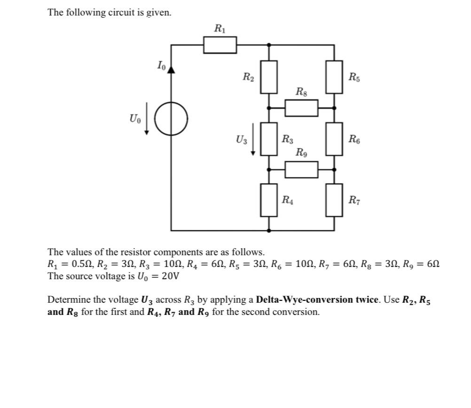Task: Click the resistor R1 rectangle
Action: tap(220, 45)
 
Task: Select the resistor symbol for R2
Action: tap(269, 77)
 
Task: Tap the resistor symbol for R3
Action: tap(269, 139)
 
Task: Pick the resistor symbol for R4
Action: tap(269, 200)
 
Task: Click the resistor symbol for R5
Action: tap(334, 77)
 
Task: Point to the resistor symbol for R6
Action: tap(334, 139)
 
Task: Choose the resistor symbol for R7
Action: tap(334, 200)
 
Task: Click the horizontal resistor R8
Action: tap(301, 108)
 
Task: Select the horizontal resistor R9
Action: tap(301, 169)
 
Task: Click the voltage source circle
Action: tap(171, 118)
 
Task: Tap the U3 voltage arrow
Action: tap(253, 139)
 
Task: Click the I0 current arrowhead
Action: tap(171, 69)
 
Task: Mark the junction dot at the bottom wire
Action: tap(269, 230)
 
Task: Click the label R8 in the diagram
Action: tap(301, 91)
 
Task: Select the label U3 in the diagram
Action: tap(241, 139)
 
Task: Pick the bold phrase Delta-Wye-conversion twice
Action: tap(317, 300)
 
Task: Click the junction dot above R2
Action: tap(269, 45)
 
